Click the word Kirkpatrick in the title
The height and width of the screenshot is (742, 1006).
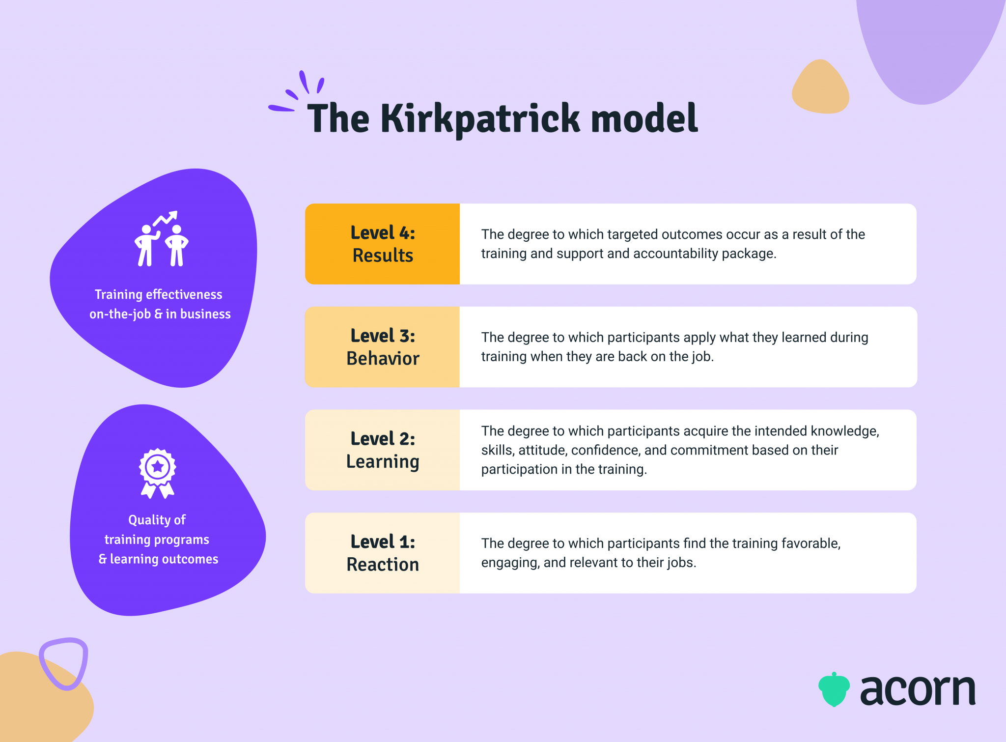pyautogui.click(x=480, y=119)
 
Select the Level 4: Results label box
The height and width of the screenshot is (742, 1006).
pyautogui.click(x=383, y=244)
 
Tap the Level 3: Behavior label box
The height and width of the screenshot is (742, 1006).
pyautogui.click(x=383, y=347)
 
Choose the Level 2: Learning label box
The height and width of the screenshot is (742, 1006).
pyautogui.click(x=383, y=450)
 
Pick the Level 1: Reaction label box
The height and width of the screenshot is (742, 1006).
pyautogui.click(x=383, y=553)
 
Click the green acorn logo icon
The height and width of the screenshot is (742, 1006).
pyautogui.click(x=834, y=689)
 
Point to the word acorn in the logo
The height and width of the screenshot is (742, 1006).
pyautogui.click(x=918, y=690)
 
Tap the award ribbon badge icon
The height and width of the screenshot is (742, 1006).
pyautogui.click(x=158, y=473)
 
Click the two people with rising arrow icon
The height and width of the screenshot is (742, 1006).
pyautogui.click(x=162, y=239)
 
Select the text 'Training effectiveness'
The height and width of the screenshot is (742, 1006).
pyautogui.click(x=158, y=294)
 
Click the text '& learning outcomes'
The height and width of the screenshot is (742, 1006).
pyautogui.click(x=158, y=559)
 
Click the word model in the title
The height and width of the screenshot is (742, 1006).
pyautogui.click(x=644, y=119)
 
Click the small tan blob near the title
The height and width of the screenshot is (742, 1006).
pyautogui.click(x=820, y=87)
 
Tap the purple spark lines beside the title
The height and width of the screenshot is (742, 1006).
pyautogui.click(x=297, y=93)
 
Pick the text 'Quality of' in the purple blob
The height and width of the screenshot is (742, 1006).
pyautogui.click(x=157, y=520)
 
